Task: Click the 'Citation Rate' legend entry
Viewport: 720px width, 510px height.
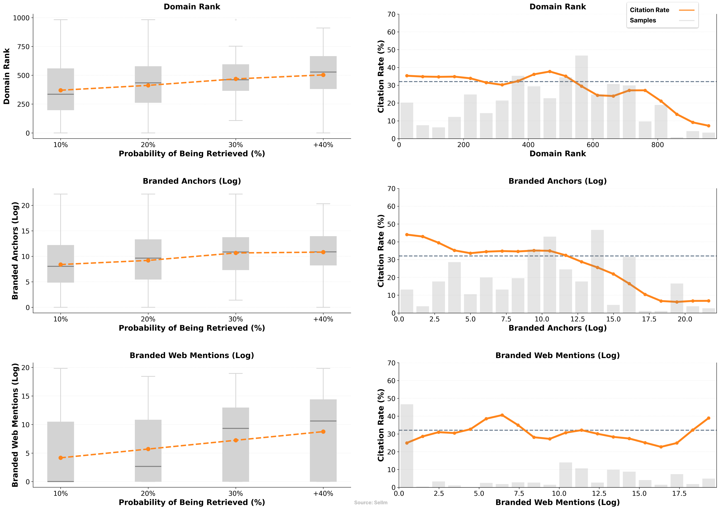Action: (x=649, y=10)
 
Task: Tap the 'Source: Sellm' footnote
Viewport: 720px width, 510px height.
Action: (x=371, y=502)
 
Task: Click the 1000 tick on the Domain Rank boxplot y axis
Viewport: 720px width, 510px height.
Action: (x=21, y=18)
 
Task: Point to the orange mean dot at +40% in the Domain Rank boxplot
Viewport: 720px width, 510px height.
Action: (x=323, y=75)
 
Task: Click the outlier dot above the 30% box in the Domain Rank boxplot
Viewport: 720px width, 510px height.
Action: (x=236, y=20)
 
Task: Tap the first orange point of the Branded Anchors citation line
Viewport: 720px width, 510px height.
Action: (x=407, y=235)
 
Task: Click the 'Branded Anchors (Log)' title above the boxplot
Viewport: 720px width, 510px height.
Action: (x=192, y=181)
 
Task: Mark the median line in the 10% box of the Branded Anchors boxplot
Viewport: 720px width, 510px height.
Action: (x=61, y=266)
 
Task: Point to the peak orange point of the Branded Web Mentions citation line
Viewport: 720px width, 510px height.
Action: (x=502, y=415)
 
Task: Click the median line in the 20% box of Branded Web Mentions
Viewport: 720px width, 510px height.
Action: (x=148, y=466)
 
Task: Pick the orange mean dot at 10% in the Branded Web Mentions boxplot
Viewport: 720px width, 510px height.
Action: (x=61, y=458)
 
